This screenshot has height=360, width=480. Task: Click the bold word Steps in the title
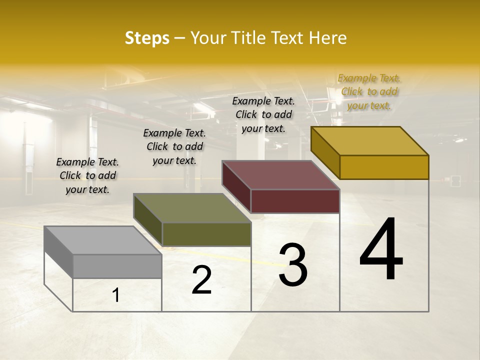[146, 38]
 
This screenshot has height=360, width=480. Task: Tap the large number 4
[381, 250]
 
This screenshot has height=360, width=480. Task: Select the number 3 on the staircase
[293, 265]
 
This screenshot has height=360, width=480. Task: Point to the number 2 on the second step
[201, 280]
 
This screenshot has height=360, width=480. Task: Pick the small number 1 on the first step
[116, 295]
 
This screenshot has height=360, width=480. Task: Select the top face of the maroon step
[281, 175]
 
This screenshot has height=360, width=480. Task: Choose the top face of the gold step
[370, 141]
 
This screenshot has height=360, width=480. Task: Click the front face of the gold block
[384, 167]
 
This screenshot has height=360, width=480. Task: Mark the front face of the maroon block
[295, 201]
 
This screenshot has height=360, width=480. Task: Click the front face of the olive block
[206, 234]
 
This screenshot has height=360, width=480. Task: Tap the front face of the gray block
[117, 266]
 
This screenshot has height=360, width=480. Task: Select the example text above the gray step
[87, 175]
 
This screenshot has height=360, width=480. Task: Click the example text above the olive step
[174, 146]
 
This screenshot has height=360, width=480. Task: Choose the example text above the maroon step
[263, 114]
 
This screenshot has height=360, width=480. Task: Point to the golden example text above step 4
[369, 91]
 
